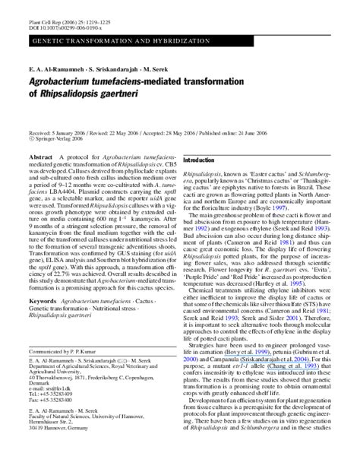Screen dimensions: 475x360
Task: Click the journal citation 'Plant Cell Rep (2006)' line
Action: coord(57,11)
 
